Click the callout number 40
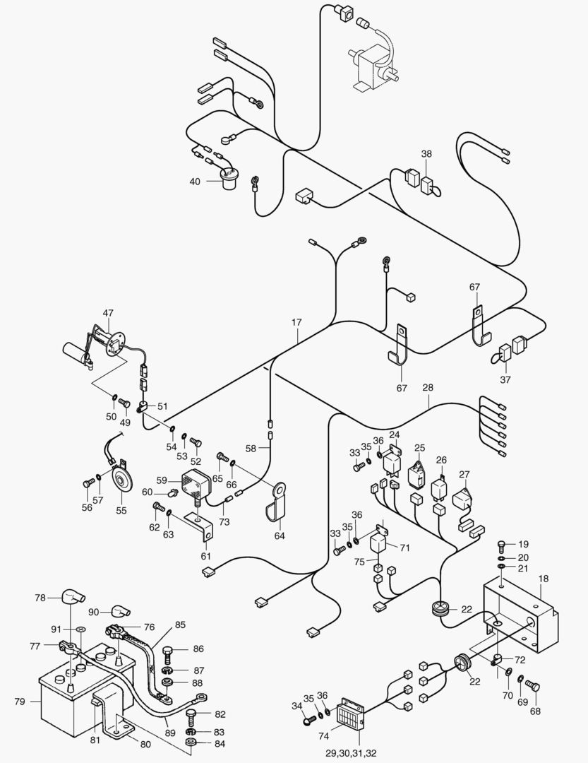(194, 182)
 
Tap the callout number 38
(426, 153)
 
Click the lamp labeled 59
(198, 485)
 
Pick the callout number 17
(296, 322)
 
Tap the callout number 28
(428, 388)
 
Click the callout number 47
(108, 312)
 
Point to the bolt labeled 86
(168, 651)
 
